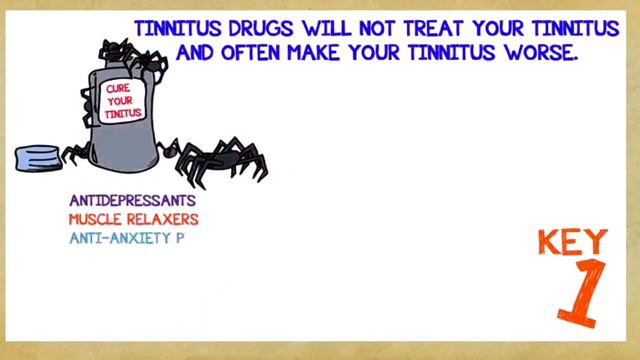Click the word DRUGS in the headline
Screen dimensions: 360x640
tap(244, 26)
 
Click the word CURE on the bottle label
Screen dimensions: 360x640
tap(118, 91)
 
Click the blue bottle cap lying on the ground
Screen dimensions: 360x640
tap(38, 159)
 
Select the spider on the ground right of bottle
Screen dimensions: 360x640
tap(215, 157)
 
